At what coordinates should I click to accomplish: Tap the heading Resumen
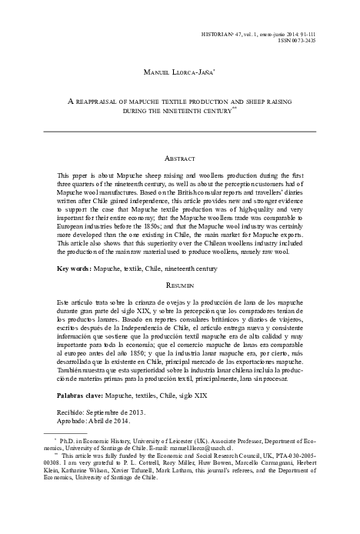180,284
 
